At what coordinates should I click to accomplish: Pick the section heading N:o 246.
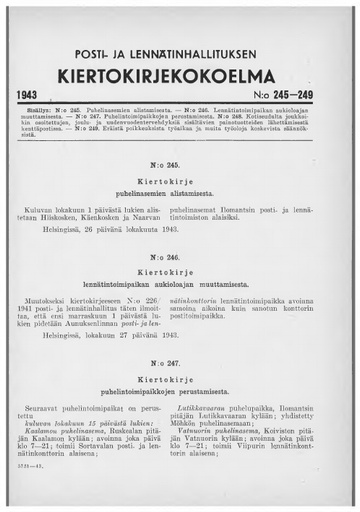(178, 257)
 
